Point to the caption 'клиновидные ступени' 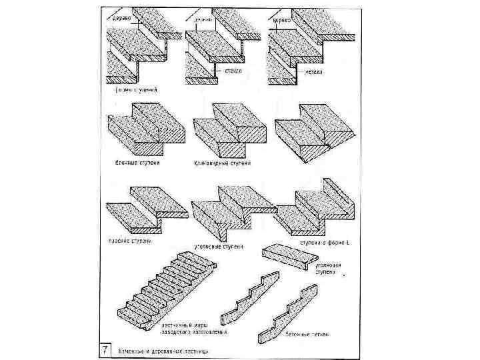(x=221, y=162)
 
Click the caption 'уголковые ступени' (x=218, y=247)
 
